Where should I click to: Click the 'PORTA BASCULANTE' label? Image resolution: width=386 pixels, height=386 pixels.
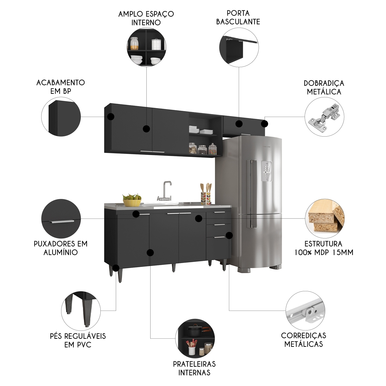238,18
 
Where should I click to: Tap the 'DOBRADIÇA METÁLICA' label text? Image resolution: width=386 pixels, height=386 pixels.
324,87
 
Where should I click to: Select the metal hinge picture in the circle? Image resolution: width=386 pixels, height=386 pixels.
325,117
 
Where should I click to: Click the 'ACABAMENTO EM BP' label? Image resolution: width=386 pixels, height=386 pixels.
61,87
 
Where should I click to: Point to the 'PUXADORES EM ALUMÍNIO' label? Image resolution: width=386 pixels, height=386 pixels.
61,248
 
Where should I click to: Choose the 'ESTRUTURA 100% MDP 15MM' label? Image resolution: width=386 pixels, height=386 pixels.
324,248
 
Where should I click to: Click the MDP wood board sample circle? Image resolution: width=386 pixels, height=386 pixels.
325,219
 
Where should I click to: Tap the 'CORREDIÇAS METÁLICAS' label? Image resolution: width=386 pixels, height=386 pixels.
303,340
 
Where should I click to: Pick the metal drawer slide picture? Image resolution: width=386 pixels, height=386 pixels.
305,311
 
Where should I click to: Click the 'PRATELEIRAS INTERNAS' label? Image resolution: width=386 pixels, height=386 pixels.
194,368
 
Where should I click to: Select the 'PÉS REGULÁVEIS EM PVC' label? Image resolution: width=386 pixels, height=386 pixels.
78,340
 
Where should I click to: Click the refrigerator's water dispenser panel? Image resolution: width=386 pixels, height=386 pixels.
267,171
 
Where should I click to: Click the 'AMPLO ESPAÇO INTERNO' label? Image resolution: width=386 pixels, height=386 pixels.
146,18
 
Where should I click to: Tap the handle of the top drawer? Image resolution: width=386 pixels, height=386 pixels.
219,212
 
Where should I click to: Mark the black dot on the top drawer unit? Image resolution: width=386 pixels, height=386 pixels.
199,219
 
